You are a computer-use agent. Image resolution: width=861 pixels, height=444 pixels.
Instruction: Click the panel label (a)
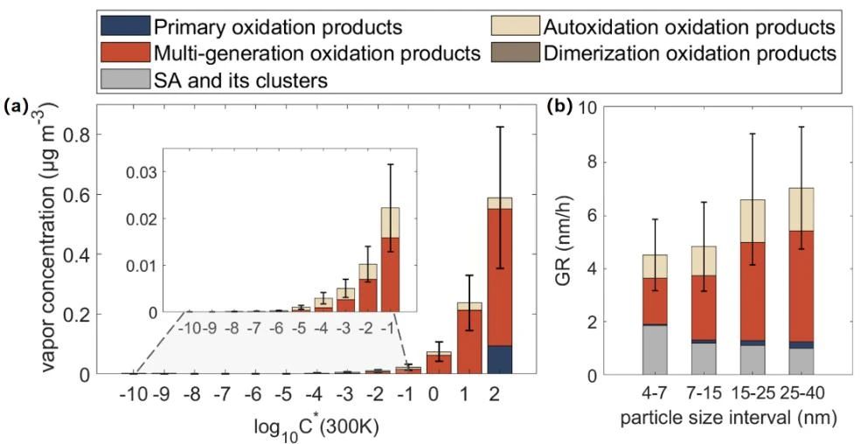pos(17,107)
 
